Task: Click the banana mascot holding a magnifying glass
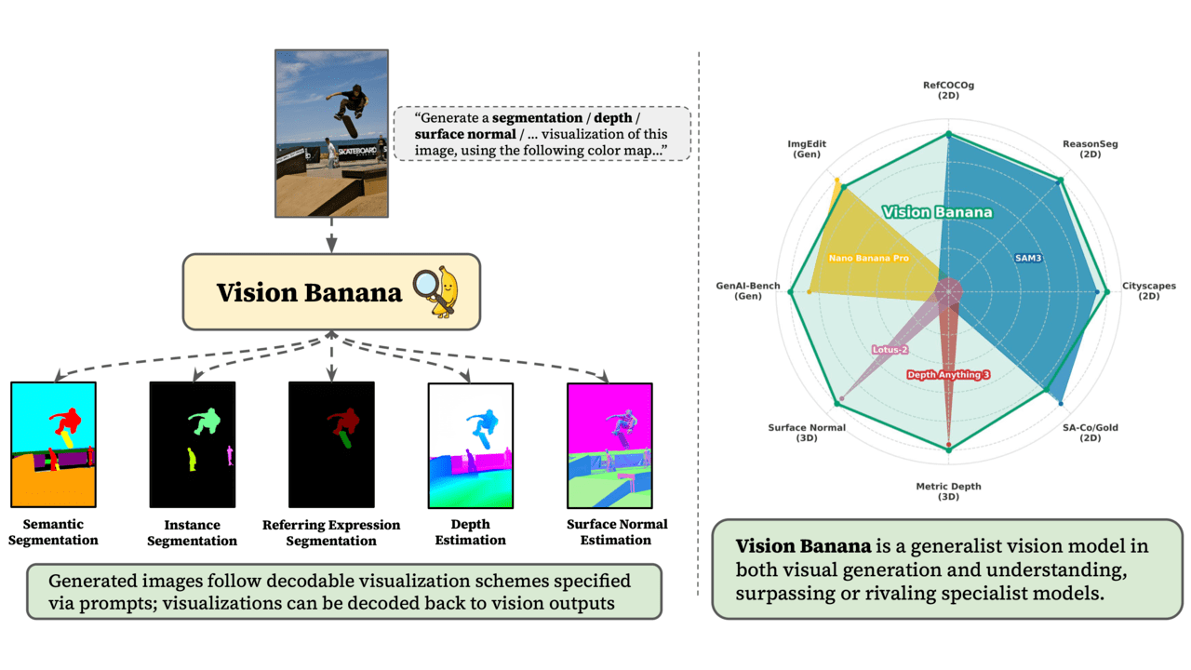[x=443, y=288]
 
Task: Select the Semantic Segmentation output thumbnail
[x=53, y=442]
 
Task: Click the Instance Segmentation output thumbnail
[x=193, y=442]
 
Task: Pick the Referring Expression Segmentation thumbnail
[x=330, y=442]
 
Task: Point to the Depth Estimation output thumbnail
[x=470, y=442]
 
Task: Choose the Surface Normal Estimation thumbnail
[x=609, y=442]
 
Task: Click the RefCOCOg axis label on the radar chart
[x=948, y=90]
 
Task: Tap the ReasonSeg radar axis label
[x=1090, y=149]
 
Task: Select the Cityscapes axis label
[x=1148, y=290]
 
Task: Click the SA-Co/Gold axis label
[x=1090, y=432]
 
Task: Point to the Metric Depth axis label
[x=948, y=490]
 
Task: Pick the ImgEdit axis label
[x=807, y=149]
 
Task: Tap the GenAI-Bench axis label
[x=747, y=290]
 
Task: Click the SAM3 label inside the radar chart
[x=1027, y=257]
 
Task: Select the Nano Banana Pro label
[x=868, y=257]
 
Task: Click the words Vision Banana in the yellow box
[x=309, y=292]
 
